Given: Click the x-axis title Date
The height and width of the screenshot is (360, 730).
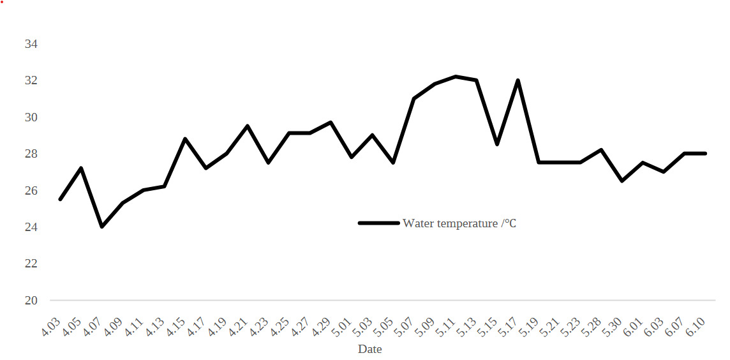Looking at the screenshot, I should click(370, 349).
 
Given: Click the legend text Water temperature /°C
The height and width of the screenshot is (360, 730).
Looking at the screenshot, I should click(459, 223).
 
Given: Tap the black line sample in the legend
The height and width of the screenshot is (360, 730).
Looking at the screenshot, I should click(379, 223).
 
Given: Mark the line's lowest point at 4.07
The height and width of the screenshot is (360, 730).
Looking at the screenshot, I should click(102, 227).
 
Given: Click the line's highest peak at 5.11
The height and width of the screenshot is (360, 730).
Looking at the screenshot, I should click(456, 77).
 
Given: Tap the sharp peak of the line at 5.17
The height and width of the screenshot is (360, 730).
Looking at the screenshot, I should click(518, 80).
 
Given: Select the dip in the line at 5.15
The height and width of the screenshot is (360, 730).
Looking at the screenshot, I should click(497, 144).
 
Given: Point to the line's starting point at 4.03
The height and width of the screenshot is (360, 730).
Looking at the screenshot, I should click(60, 199).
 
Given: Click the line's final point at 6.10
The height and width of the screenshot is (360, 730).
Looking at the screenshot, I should click(705, 153).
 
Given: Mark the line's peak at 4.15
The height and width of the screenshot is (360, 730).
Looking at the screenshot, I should click(185, 139).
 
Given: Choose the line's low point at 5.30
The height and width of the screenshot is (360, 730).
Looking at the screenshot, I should click(622, 181).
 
